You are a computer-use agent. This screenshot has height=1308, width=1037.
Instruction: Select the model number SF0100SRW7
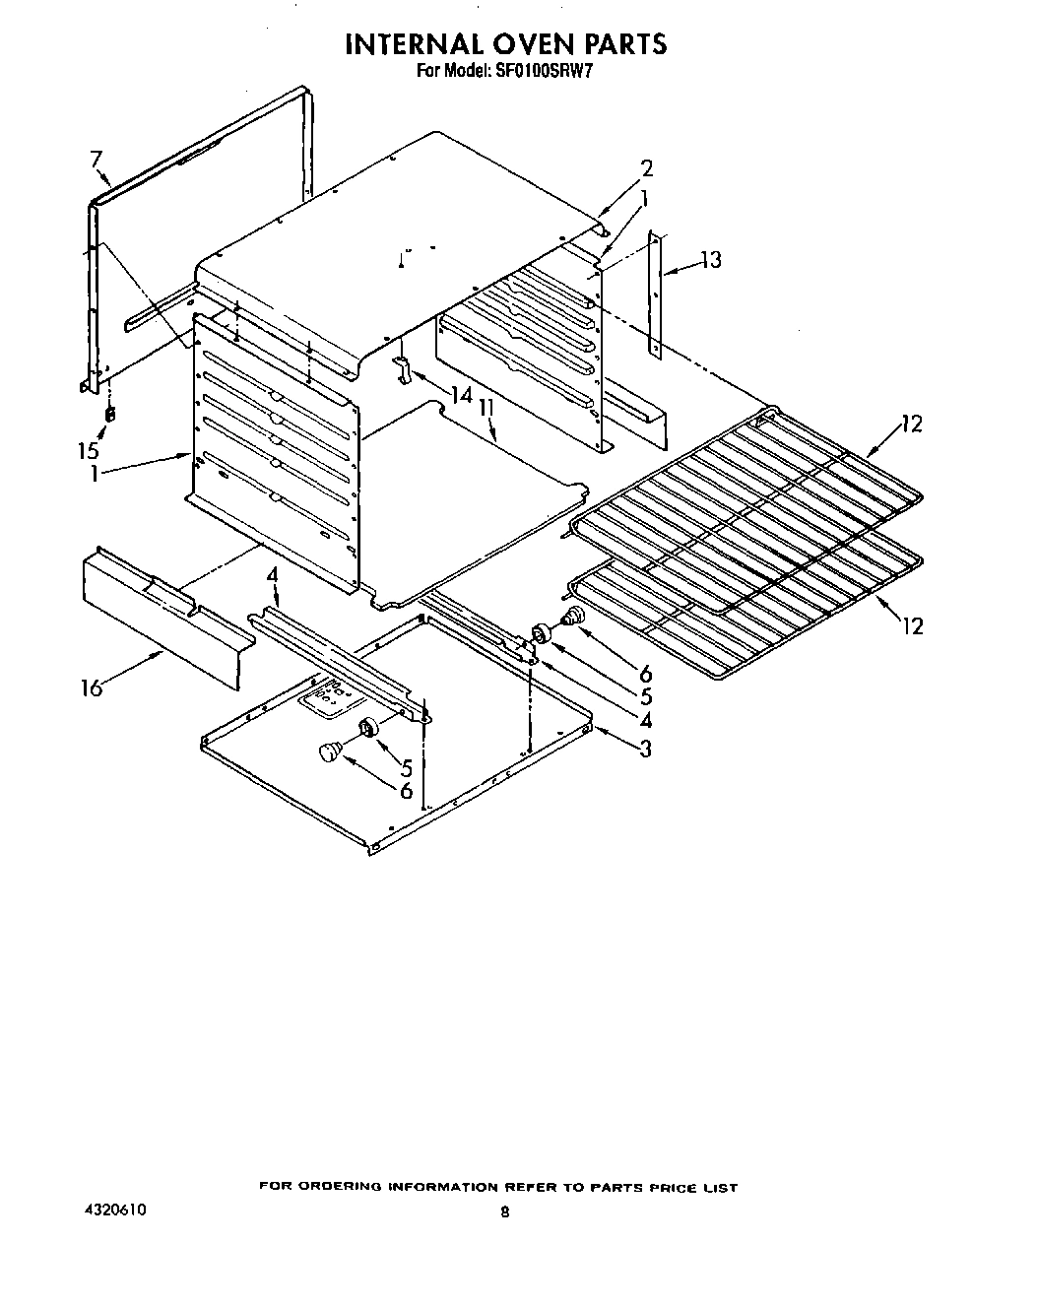pyautogui.click(x=536, y=70)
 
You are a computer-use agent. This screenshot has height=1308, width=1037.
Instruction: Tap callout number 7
pyautogui.click(x=96, y=159)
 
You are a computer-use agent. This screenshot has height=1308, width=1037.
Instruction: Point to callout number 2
pyautogui.click(x=646, y=168)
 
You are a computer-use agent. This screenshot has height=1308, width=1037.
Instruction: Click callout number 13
pyautogui.click(x=709, y=260)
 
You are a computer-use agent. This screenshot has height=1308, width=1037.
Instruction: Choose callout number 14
pyautogui.click(x=461, y=394)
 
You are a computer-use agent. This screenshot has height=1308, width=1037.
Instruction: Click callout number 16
pyautogui.click(x=92, y=687)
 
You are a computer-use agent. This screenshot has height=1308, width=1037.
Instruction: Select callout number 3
pyautogui.click(x=645, y=749)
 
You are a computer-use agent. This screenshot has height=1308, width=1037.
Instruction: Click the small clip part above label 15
pyautogui.click(x=110, y=414)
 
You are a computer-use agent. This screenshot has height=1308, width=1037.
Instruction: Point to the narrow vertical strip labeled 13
pyautogui.click(x=656, y=295)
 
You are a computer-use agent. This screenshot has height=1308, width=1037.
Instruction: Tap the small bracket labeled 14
pyautogui.click(x=403, y=369)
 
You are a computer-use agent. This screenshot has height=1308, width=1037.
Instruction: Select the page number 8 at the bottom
pyautogui.click(x=504, y=1214)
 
